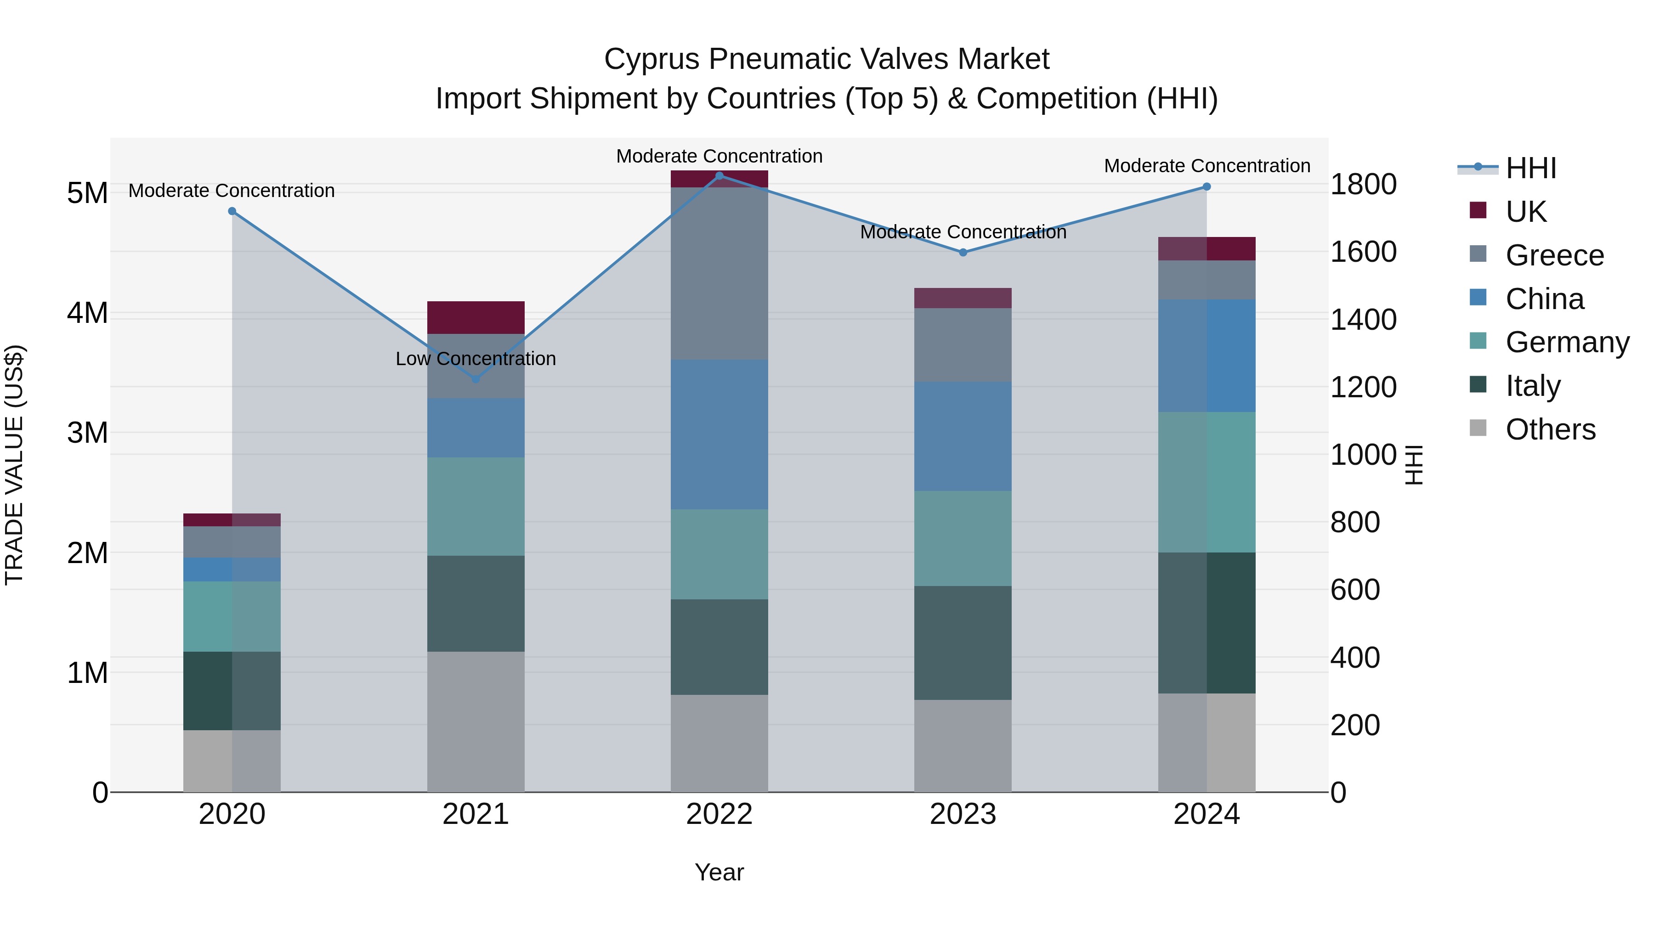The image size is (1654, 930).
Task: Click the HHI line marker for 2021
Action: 476,379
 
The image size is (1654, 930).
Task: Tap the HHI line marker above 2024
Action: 1207,187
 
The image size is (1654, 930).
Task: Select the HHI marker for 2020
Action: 232,211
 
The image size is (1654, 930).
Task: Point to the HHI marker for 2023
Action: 963,253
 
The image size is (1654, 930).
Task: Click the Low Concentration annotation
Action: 476,359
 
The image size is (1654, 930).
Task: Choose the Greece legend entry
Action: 1554,255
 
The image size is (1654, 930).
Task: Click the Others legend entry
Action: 1550,429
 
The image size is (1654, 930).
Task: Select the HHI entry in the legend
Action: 1531,168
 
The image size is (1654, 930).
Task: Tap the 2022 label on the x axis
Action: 719,814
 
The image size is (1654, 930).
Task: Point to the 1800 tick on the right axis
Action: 1363,184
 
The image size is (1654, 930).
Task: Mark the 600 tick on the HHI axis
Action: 1355,590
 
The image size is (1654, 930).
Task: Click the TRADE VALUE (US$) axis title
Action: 14,465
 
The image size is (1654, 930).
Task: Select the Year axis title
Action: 719,872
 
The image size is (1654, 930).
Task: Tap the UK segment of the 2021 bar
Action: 476,318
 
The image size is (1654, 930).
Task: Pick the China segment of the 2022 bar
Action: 719,434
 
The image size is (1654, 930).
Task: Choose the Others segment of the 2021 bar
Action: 476,721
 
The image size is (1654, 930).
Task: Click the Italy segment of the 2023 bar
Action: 963,643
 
